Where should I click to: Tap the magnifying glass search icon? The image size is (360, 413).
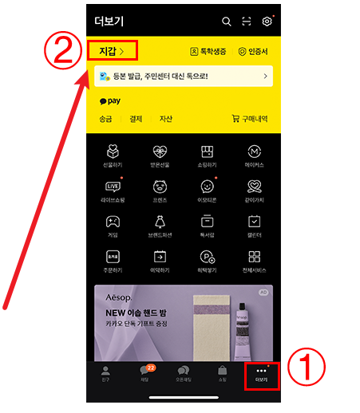[227, 22]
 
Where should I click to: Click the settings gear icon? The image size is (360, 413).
[267, 22]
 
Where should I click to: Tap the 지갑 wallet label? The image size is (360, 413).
[112, 51]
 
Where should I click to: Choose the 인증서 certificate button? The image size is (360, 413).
[254, 51]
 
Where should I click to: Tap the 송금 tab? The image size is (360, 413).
[107, 119]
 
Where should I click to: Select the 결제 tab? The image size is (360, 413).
[136, 119]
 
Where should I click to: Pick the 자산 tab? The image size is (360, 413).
[165, 119]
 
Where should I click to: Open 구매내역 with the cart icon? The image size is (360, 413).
[250, 119]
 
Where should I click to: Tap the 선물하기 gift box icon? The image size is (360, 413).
[113, 151]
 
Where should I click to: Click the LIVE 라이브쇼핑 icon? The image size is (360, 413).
[113, 186]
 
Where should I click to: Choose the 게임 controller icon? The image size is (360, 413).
[113, 221]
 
